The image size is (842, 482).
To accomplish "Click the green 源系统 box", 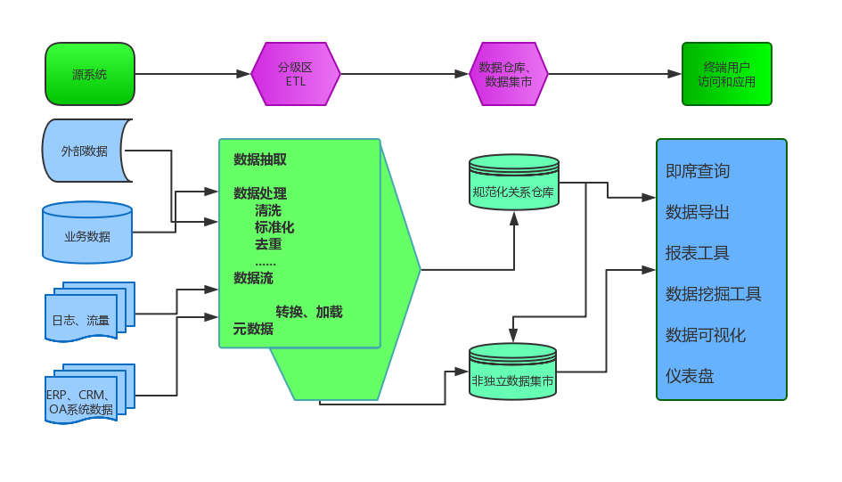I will coord(90,74).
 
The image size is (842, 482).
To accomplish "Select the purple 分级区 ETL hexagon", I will coord(296,74).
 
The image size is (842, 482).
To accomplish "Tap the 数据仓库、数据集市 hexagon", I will coord(508,74).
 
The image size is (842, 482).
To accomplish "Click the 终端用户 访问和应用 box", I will coord(726,74).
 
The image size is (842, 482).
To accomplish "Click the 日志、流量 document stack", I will coord(83,319).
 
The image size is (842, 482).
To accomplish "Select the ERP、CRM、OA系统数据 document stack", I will coord(82,401).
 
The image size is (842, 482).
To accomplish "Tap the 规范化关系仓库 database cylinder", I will coord(513,190).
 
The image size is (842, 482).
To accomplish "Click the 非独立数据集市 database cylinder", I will coord(512,380).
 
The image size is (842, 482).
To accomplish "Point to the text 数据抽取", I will coord(260,160).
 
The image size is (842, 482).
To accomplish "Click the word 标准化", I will coord(274,227).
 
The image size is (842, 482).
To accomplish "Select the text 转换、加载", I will coord(309,312).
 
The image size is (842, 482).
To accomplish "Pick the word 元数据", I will coord(253,328).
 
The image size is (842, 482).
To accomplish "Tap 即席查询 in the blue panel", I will coord(698,171).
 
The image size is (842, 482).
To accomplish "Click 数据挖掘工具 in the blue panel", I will coord(714,294).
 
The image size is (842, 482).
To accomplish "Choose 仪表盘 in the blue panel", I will coord(690,376).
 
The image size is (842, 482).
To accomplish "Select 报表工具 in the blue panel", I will coord(698,253).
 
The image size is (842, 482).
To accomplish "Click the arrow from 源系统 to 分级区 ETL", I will coord(192,74).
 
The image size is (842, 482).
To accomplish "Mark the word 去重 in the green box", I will coord(268,244).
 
